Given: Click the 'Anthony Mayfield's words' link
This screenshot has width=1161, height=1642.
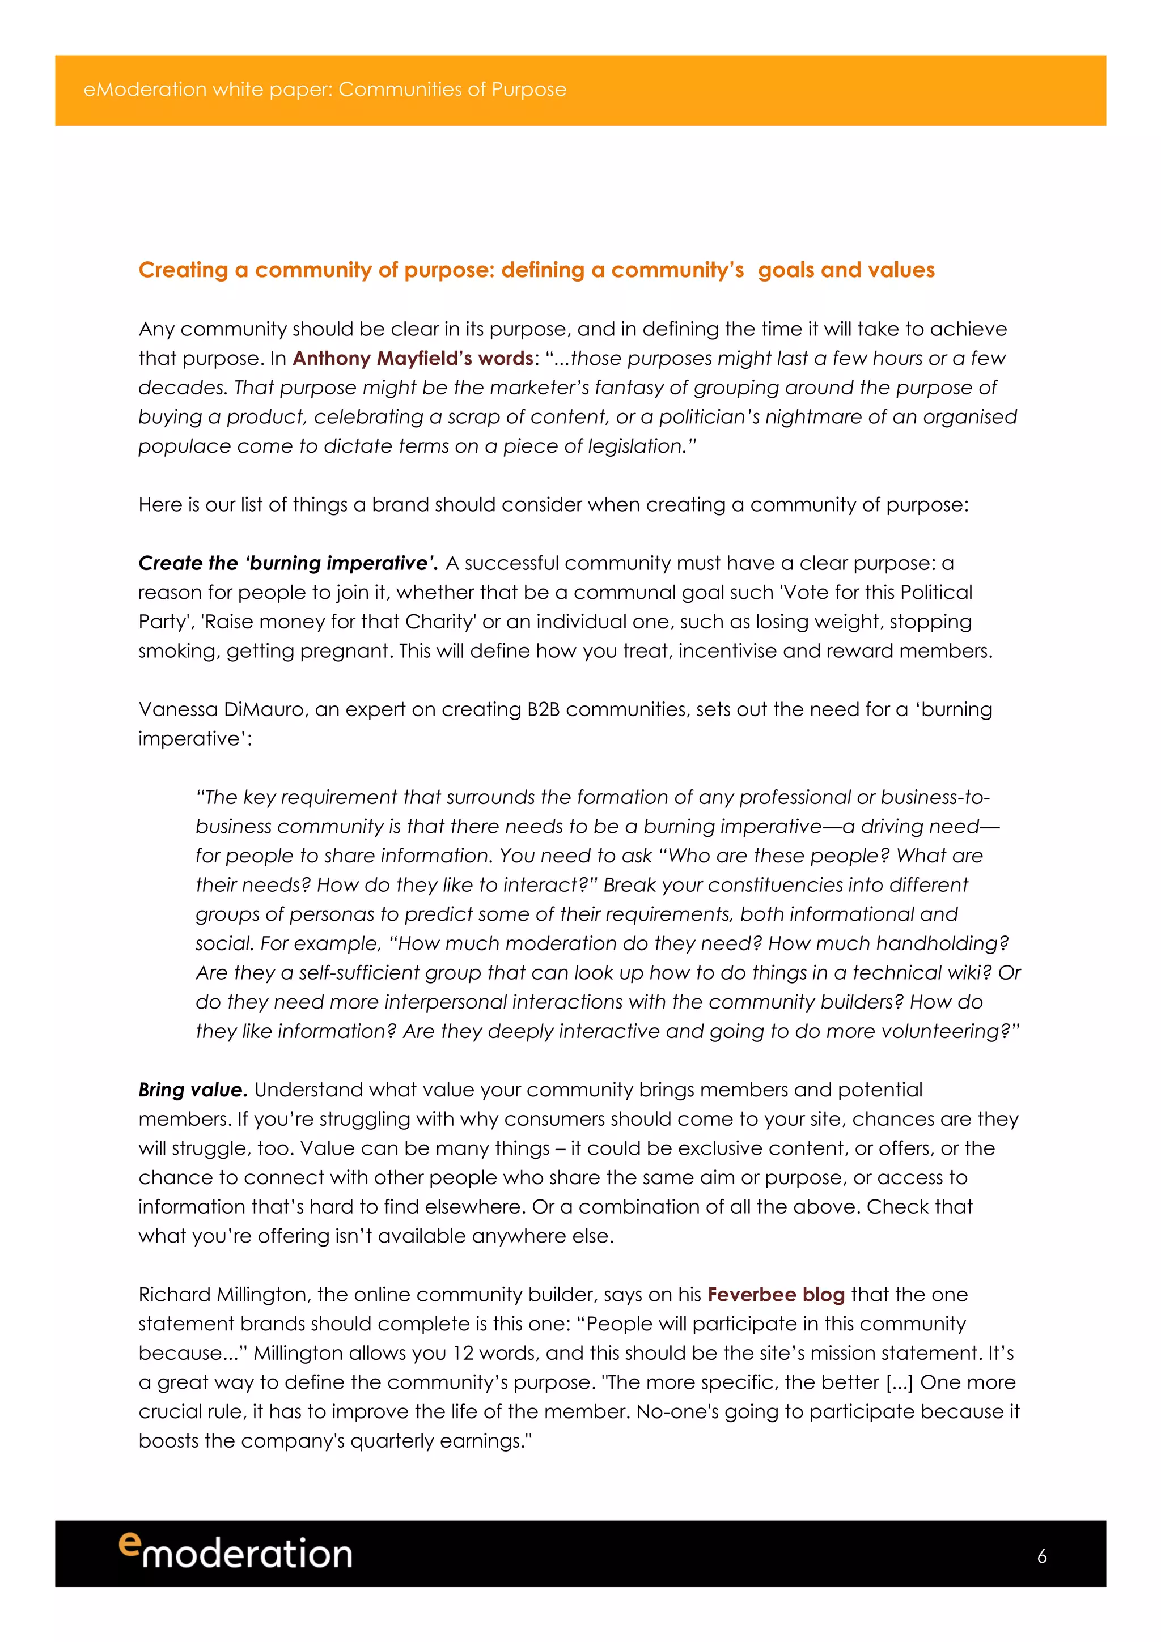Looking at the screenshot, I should tap(413, 358).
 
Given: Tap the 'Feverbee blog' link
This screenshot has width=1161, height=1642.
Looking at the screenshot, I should tap(776, 1295).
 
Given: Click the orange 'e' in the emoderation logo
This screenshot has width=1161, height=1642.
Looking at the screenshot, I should tap(129, 1543).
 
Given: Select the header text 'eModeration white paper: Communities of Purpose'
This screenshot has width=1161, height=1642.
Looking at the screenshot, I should tap(325, 90).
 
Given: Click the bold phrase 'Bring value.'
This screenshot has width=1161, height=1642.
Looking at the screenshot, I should tap(192, 1090).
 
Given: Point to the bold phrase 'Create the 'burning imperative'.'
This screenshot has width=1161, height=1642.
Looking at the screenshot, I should tap(287, 564).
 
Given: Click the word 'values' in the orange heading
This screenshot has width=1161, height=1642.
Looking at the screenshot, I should tap(901, 270).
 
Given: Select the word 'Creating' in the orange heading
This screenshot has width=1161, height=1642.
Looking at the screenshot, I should tap(183, 270).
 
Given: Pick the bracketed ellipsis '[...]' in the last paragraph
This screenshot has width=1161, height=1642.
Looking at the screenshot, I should tap(899, 1382).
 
